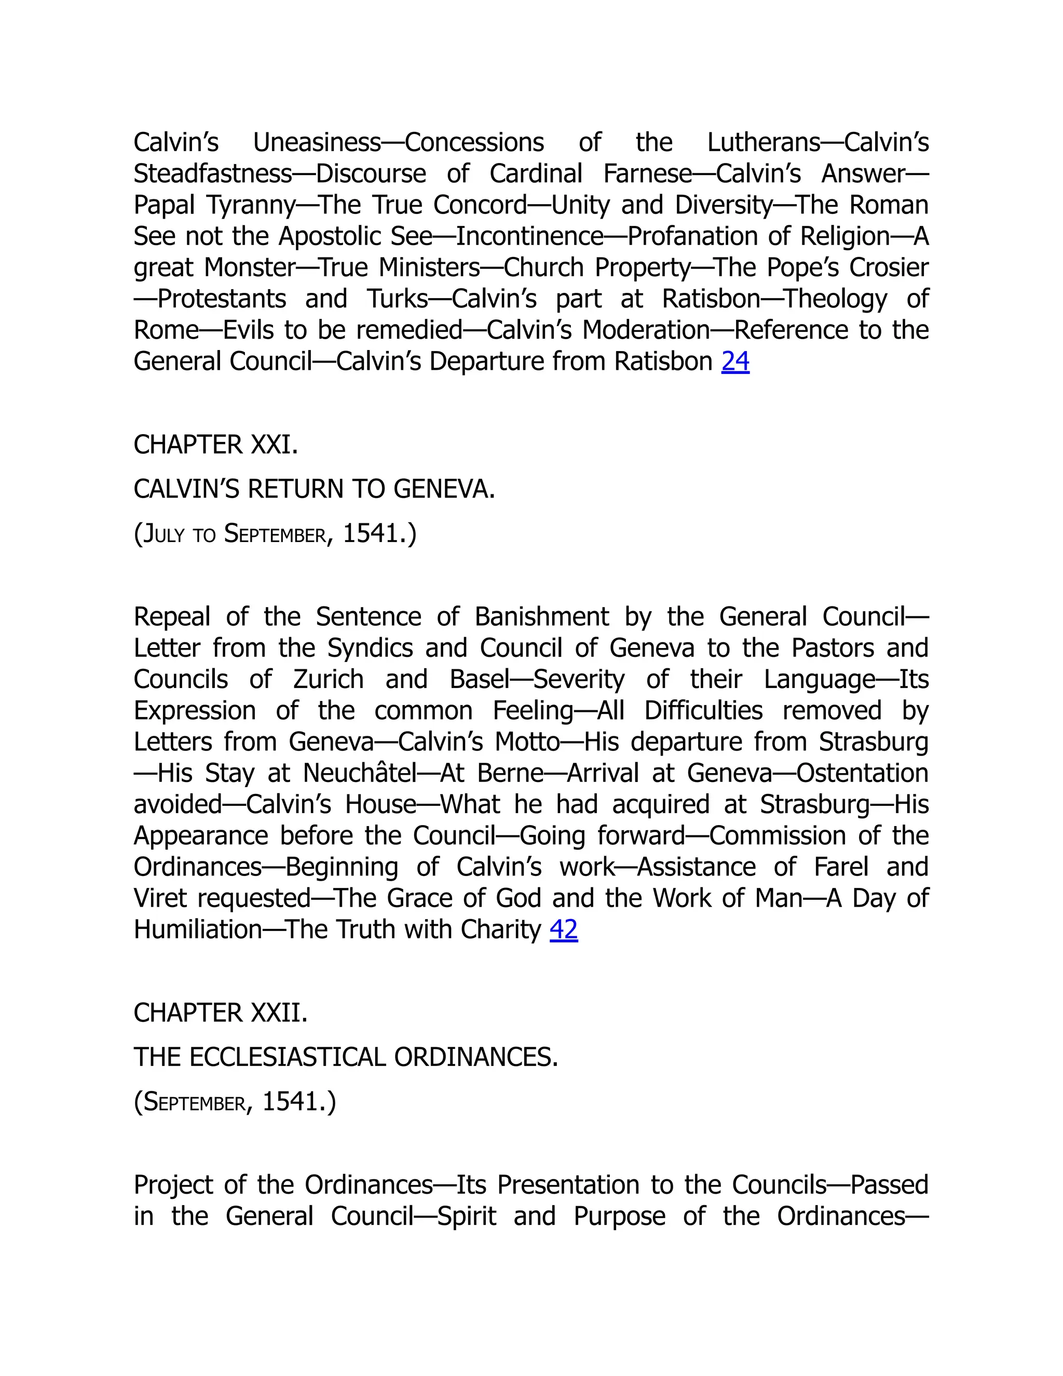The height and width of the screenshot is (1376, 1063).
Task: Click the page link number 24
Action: (x=735, y=361)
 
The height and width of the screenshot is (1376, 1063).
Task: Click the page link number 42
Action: (x=564, y=929)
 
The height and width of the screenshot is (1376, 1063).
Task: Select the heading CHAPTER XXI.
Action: (x=215, y=445)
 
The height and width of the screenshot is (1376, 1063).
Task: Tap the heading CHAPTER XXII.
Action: (x=221, y=1013)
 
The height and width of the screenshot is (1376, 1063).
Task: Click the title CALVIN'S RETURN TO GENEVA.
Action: (x=314, y=489)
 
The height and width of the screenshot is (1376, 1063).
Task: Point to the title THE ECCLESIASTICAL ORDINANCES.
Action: (x=346, y=1057)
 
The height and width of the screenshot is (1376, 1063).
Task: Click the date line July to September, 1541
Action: (x=275, y=534)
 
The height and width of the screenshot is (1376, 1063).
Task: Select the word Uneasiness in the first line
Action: (x=317, y=143)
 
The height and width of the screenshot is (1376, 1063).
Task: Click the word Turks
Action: (x=398, y=299)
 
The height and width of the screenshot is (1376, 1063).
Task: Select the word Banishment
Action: (x=541, y=617)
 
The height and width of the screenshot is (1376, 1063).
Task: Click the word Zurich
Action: (x=328, y=679)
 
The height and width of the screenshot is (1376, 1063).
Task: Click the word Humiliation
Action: (x=197, y=929)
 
